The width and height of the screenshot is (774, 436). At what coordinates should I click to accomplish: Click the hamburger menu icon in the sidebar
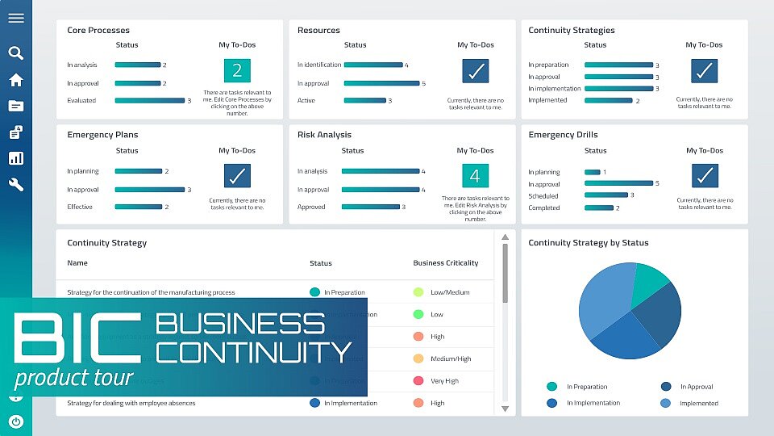15,19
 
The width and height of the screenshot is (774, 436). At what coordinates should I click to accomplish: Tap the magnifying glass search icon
15,53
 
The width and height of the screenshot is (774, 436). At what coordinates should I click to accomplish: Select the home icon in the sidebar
15,80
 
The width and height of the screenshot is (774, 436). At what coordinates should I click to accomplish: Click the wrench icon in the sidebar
15,184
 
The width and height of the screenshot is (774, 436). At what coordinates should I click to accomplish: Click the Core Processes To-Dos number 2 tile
237,71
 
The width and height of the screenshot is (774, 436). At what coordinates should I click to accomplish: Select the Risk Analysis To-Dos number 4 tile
475,176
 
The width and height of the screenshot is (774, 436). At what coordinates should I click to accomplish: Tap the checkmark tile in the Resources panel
476,71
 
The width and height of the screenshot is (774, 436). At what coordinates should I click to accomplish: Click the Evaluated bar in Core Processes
150,101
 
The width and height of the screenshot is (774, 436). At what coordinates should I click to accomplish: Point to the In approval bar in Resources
381,83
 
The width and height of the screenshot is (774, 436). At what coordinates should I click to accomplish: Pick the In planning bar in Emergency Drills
592,172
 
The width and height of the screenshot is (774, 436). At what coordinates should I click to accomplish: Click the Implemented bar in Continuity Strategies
608,101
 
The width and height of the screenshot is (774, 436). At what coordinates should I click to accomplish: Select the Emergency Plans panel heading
102,135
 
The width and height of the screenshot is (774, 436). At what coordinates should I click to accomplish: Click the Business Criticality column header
445,263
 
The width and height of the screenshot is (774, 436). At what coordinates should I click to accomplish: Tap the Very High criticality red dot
418,381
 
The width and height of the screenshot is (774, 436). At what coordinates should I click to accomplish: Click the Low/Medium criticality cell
449,292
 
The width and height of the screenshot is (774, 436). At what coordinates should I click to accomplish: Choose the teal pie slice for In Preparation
648,283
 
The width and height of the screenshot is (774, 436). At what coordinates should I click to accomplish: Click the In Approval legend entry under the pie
696,387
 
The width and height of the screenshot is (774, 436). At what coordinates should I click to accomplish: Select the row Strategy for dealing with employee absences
131,403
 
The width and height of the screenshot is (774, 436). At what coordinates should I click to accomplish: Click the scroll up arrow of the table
506,237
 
